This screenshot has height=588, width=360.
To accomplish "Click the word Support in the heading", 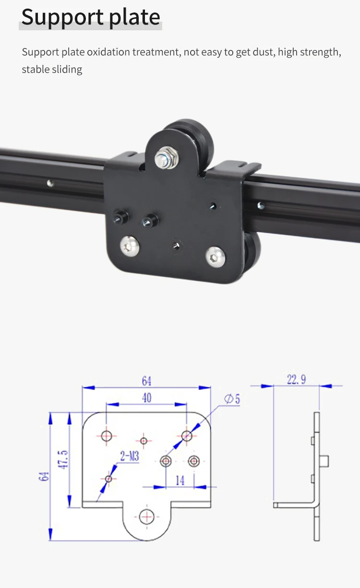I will pos(56,17).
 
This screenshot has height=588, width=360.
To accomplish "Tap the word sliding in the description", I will pos(67,69).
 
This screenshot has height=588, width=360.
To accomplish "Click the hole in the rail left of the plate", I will pos(49,182).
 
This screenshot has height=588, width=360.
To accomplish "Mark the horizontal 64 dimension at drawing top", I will pos(146,381).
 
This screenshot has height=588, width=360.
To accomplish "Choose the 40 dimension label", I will pos(146,398).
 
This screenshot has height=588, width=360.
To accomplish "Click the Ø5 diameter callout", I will pos(232,399).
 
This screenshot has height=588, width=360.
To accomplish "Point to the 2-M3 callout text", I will pos(129,456).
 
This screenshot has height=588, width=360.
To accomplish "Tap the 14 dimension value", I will pos(180,480).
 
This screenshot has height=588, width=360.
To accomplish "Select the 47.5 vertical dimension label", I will pos(65,459).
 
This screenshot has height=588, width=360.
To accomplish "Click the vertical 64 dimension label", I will pos(44,476).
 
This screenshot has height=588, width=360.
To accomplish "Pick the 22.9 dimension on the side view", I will pos(296,380).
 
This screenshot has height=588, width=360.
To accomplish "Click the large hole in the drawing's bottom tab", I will pos(146,516).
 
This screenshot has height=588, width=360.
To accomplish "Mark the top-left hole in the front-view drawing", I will pos(107,436).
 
